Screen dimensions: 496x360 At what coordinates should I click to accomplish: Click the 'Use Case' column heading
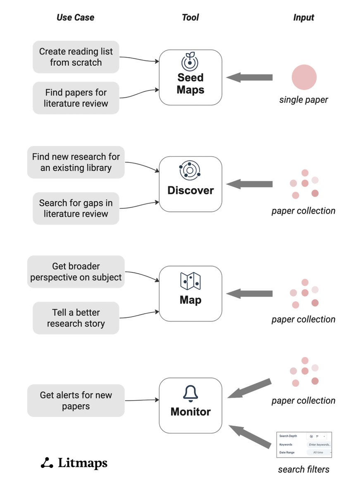75,17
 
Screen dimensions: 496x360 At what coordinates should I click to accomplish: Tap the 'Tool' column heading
190,17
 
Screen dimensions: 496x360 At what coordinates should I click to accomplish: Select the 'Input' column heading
303,17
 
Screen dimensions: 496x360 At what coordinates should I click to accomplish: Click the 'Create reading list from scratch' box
76,57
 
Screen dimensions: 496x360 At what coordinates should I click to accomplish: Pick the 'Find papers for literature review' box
76,98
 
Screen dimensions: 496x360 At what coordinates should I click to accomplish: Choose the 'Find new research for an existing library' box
76,162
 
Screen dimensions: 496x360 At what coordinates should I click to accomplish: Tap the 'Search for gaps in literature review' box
76,208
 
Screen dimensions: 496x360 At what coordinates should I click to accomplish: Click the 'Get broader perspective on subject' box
76,272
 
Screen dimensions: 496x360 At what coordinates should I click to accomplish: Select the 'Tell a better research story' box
76,318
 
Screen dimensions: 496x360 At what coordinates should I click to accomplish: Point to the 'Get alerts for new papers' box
76,401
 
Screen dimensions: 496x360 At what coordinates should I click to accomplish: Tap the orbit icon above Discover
190,170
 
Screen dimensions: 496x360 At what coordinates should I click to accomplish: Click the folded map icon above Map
190,281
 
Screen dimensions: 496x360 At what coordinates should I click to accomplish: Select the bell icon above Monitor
190,394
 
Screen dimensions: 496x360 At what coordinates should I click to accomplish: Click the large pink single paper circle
304,77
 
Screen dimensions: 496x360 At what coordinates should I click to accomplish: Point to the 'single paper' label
303,100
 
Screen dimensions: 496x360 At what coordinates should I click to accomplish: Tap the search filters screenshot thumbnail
304,445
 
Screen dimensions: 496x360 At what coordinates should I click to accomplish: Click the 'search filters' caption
303,469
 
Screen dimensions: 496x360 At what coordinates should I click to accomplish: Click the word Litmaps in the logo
83,463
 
